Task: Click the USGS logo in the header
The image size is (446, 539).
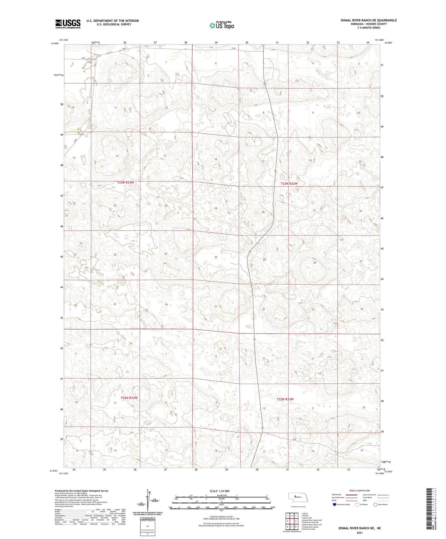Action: coord(68,23)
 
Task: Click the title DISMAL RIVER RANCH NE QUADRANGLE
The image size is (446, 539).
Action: coord(369,20)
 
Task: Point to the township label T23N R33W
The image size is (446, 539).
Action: coord(126,183)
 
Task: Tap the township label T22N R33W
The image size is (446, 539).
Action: coord(129,398)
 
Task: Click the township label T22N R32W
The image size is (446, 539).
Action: coord(285,399)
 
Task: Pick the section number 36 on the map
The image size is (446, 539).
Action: coord(166,304)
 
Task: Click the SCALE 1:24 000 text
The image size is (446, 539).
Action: coord(219,491)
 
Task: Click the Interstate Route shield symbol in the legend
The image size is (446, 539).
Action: coord(334,504)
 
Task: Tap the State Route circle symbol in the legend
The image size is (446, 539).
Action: coord(375,504)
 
